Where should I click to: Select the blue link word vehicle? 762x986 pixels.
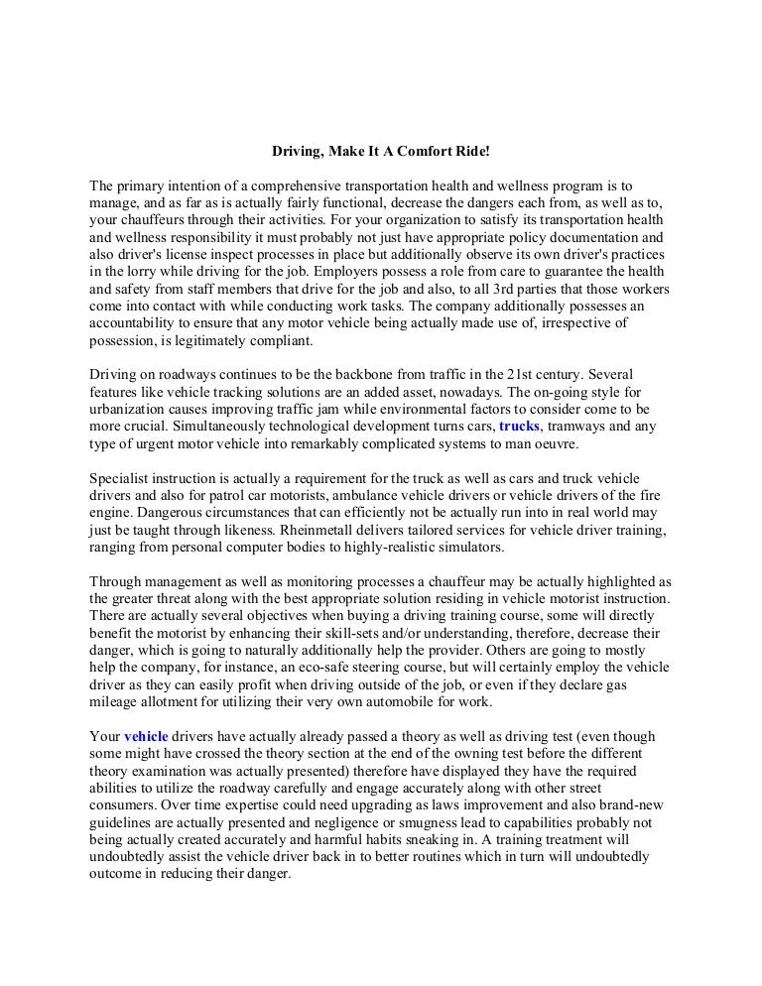pos(147,737)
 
